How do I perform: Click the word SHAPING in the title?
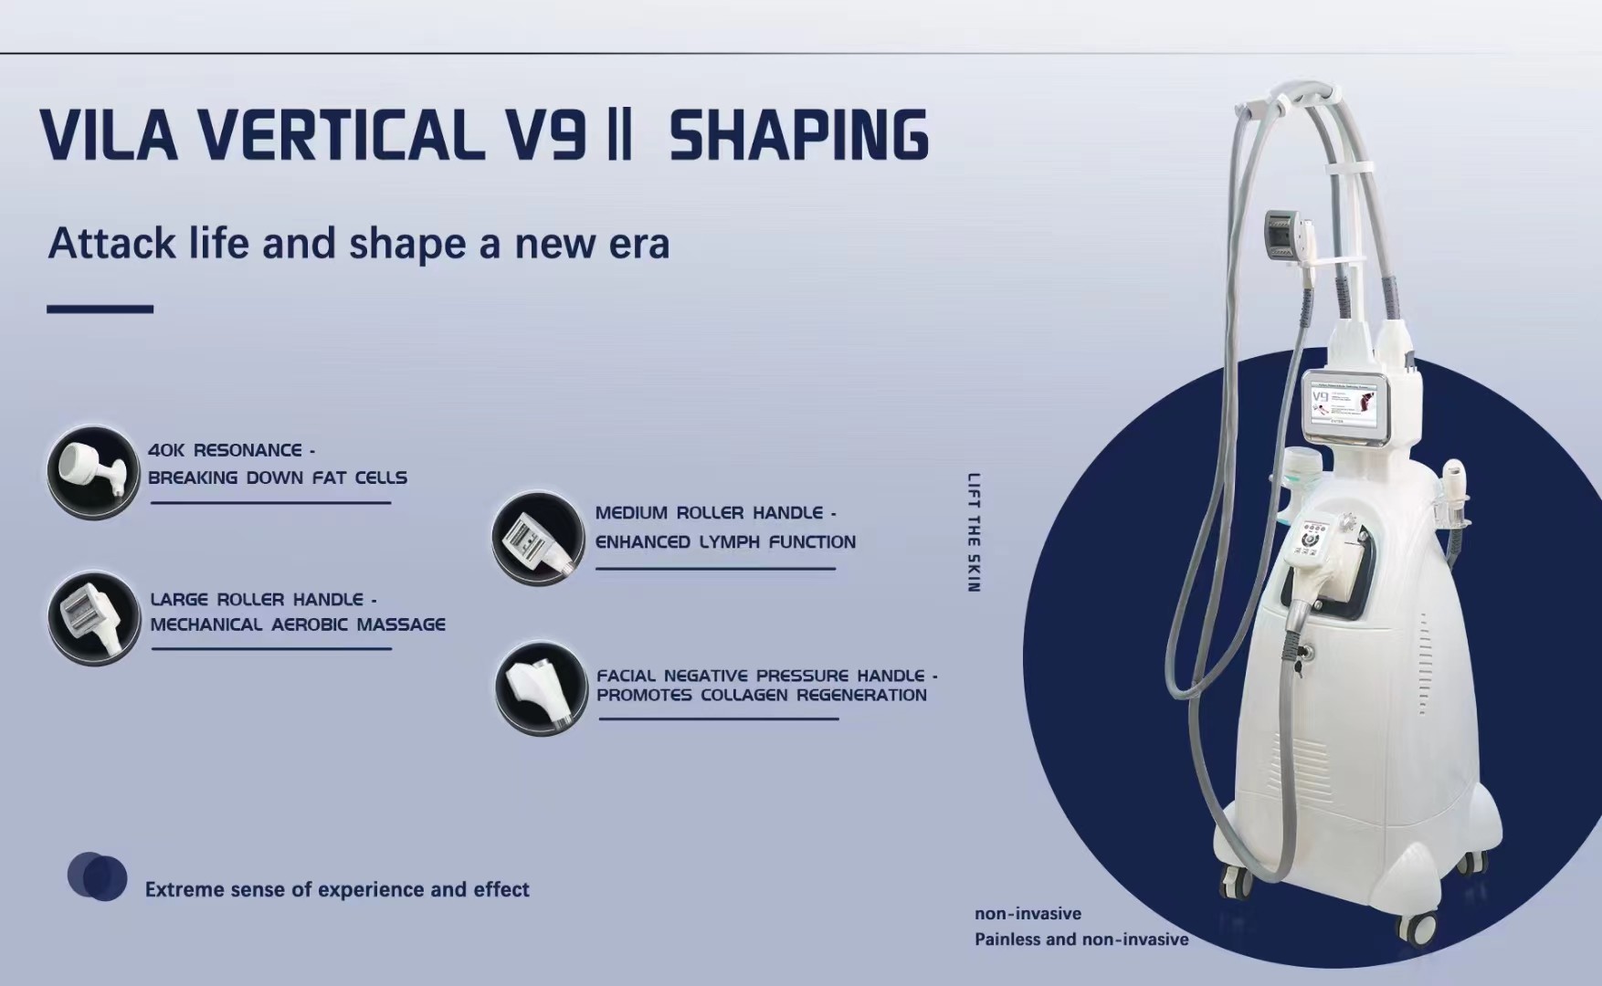tap(799, 135)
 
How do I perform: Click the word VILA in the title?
tap(109, 135)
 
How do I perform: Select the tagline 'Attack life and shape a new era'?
tap(359, 243)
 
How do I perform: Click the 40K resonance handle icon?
tap(93, 473)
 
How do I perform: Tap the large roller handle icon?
tap(93, 619)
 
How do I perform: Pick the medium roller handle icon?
tap(538, 539)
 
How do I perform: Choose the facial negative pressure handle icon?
tap(541, 688)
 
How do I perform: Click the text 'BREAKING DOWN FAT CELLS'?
tap(278, 477)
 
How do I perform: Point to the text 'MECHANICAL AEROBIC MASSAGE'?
tap(298, 624)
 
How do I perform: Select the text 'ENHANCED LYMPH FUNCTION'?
tap(725, 541)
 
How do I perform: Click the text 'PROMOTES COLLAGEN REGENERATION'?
tap(762, 695)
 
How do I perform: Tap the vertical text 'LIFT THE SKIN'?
tap(974, 532)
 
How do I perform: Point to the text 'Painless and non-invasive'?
tap(1081, 939)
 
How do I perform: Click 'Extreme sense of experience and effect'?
tap(337, 889)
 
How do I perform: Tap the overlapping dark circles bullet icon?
tap(97, 876)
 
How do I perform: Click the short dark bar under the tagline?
tap(100, 309)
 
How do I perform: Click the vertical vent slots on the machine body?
tap(1423, 662)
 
